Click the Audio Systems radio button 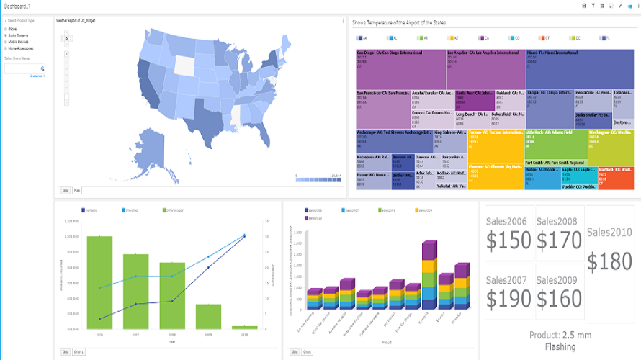[x=6, y=34]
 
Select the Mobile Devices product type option [x=6, y=41]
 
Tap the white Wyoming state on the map [x=184, y=66]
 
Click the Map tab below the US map [x=77, y=190]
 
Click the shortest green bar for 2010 [x=244, y=328]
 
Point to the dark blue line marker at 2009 [x=209, y=267]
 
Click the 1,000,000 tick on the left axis [x=71, y=236]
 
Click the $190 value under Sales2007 [x=509, y=297]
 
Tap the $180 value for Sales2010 [x=610, y=261]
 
